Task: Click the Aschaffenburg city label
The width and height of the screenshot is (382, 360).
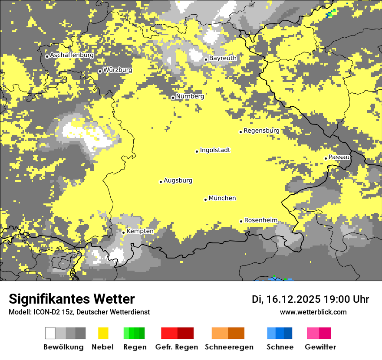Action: (72, 56)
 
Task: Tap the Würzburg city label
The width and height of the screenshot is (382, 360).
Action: (118, 70)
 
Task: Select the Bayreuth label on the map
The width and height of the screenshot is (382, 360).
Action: (223, 58)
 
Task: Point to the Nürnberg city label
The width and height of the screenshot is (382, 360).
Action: (190, 96)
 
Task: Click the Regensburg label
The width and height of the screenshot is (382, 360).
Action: (261, 131)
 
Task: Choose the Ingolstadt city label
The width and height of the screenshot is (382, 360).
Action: (215, 150)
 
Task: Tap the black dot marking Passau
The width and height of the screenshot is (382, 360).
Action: (326, 158)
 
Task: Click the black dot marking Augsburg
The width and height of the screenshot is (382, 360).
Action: (161, 182)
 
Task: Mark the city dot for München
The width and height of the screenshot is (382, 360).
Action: (205, 200)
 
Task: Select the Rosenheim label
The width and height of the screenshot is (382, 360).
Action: (260, 220)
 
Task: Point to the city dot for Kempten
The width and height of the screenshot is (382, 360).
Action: (123, 232)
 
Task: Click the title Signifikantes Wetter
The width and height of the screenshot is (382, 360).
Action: (72, 299)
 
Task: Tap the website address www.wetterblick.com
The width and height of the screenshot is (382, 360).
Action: (313, 312)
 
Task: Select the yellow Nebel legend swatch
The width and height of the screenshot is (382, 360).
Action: (103, 333)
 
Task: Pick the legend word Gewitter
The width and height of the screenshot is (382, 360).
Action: (320, 347)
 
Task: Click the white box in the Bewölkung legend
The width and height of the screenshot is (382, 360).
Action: (50, 333)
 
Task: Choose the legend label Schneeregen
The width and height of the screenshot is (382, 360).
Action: (229, 347)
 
